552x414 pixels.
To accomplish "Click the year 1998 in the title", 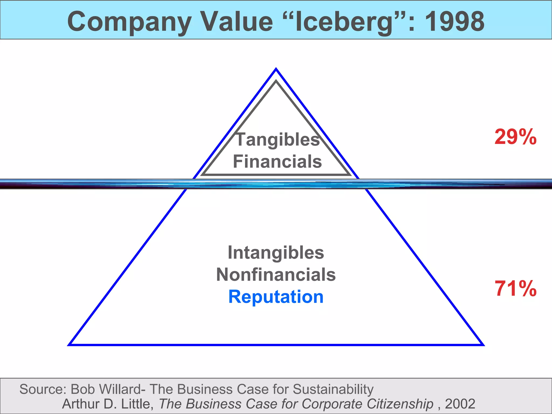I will pos(454,22).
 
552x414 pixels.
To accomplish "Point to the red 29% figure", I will pos(515,137).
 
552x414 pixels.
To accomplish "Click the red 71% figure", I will pos(515,289).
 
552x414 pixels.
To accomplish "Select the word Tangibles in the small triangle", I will pos(278,140).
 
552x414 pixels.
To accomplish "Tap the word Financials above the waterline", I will pos(277,161).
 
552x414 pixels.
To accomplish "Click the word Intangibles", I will pos(276,253).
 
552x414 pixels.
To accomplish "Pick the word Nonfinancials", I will pos(276,275).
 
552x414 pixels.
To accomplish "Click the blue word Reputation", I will pos(276,297).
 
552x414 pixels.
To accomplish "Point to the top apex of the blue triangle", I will pos(276,70).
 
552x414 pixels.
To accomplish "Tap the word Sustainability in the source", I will pos(333,389).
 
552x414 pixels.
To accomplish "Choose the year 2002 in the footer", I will pos(460,404).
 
